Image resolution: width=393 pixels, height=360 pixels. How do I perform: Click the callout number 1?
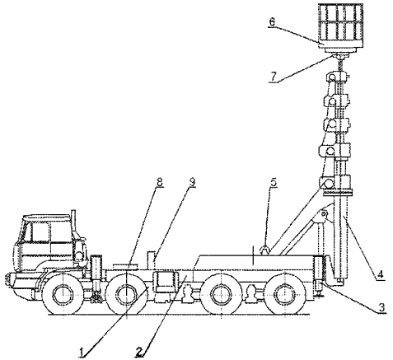[82, 352]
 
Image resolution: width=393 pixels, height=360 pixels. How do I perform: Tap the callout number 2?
[139, 352]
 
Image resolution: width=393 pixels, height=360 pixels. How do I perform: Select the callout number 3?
[381, 307]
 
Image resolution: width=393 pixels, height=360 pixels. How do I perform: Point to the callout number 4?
[380, 275]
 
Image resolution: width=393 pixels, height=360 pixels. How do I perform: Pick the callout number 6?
[272, 22]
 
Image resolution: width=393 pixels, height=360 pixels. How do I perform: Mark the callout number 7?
[273, 77]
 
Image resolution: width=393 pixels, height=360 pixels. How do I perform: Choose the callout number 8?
[160, 182]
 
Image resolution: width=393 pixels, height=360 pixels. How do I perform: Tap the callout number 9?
[192, 182]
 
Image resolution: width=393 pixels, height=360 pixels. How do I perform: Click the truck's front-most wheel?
[63, 293]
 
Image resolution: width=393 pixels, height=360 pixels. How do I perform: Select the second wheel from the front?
[126, 293]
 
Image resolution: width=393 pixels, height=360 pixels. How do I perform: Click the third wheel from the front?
[221, 293]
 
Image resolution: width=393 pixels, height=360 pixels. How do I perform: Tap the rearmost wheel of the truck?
[284, 293]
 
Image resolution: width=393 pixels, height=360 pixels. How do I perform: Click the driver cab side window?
[40, 231]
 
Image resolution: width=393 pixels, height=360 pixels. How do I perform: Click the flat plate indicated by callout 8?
[125, 266]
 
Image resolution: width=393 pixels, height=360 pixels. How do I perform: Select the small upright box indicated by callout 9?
[152, 259]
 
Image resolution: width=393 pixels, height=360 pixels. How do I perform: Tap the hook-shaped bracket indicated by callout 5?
[265, 250]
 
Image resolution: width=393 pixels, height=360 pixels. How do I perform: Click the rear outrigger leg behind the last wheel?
[319, 276]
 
